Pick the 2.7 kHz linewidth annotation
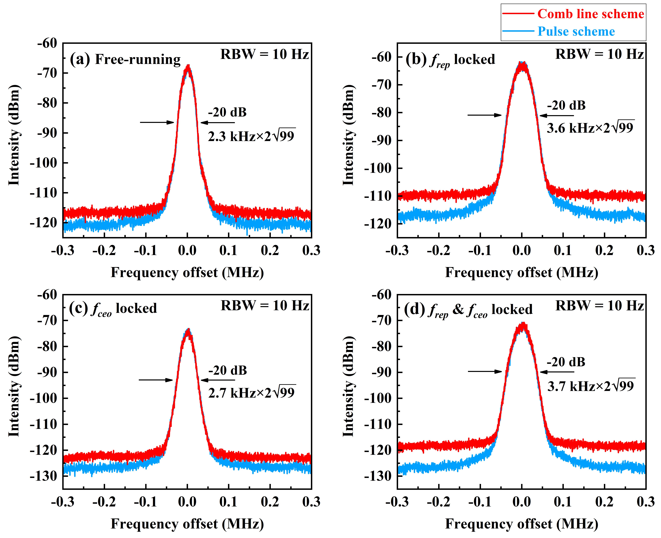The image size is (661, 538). point(251,393)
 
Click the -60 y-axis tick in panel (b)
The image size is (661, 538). point(382,57)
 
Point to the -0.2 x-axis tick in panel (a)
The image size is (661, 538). point(104,250)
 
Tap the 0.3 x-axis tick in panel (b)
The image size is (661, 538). point(645,250)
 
